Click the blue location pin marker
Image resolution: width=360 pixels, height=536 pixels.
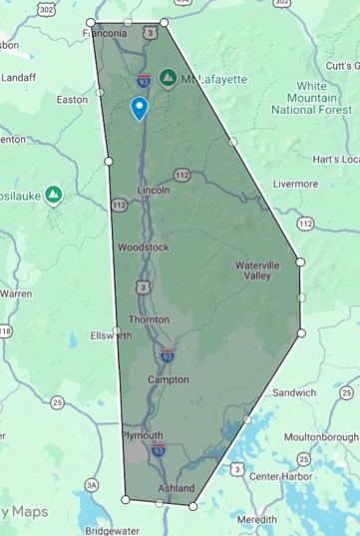140,107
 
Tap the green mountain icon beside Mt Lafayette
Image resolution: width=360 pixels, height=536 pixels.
169,77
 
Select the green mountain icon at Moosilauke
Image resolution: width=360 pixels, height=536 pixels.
54,194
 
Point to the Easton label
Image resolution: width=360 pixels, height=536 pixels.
72,100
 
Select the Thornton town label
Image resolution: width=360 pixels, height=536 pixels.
149,319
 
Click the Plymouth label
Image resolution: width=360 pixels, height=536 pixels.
141,436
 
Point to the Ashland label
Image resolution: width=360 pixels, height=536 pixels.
177,489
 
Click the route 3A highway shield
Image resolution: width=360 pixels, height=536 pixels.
92,485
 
